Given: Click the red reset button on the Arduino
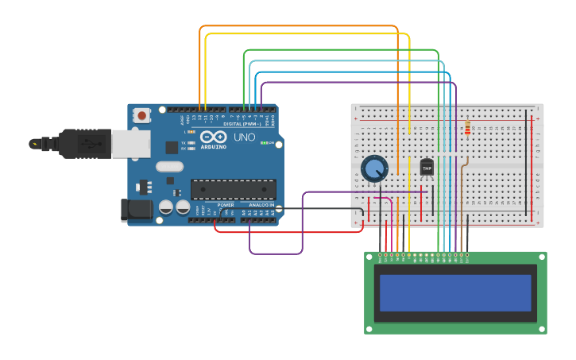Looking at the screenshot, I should (142, 115).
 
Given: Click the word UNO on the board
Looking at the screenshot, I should (245, 137).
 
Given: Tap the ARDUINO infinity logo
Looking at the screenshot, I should (213, 137).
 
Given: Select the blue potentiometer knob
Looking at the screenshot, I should (374, 168).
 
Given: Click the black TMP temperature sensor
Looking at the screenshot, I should (427, 168).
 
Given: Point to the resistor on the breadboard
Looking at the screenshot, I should (467, 128).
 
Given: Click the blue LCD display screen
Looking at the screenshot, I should (454, 292).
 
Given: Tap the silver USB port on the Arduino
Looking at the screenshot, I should (130, 144).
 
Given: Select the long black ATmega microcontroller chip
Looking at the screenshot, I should (233, 189).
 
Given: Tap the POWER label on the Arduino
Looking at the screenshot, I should (226, 205).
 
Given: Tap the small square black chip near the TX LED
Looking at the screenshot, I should (171, 147).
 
